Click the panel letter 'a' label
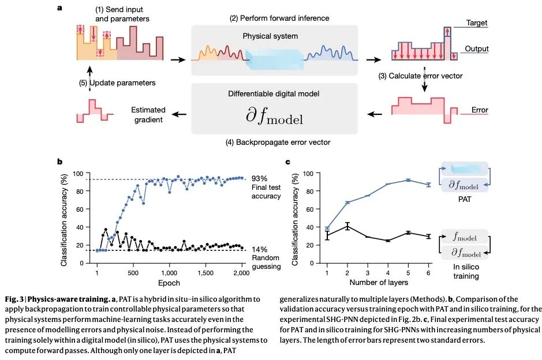(x=61, y=8)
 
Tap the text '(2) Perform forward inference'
(x=279, y=18)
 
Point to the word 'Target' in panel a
(x=477, y=23)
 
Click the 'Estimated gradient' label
(x=148, y=115)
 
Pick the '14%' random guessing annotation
(x=260, y=249)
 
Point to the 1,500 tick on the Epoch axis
(x=204, y=272)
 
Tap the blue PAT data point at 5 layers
(x=408, y=180)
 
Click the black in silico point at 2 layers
(x=347, y=226)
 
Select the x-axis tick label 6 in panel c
(x=428, y=272)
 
